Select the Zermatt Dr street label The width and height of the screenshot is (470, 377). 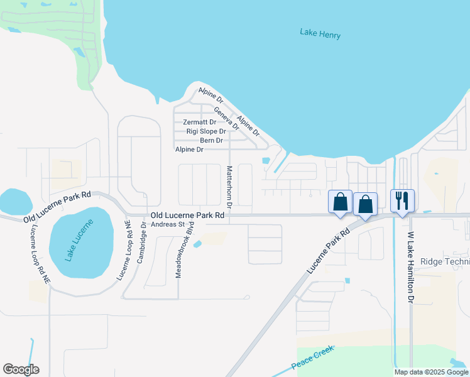(199, 123)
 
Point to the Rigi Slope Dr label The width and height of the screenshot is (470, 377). (206, 131)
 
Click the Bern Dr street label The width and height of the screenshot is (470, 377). (211, 140)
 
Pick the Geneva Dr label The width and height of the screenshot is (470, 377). (226, 117)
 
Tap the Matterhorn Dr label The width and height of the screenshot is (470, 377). (229, 187)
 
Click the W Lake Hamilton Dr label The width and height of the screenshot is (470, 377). (410, 268)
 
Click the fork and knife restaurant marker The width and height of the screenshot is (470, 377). (402, 201)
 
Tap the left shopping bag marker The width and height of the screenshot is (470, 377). (340, 202)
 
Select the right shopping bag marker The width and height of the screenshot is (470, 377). (365, 204)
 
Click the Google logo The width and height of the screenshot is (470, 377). (21, 369)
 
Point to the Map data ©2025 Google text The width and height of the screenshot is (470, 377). (431, 372)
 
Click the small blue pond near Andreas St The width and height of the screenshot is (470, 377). (199, 243)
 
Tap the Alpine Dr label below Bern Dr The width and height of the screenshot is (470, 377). (189, 150)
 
